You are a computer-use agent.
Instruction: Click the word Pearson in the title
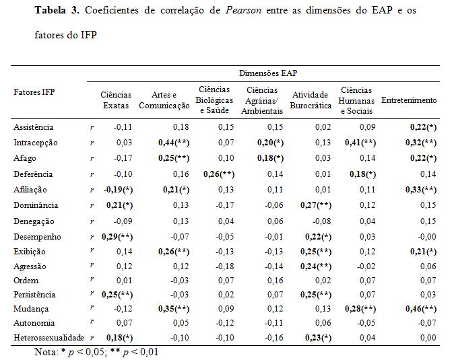(243, 11)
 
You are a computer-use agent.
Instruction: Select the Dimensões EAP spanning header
(268, 73)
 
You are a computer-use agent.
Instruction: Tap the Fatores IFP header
(34, 92)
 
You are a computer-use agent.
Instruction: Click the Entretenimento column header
(409, 100)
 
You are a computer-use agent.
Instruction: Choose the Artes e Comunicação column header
(164, 100)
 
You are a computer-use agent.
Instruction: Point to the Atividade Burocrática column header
(311, 100)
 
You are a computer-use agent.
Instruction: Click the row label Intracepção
(35, 143)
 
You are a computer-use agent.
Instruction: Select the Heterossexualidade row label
(48, 337)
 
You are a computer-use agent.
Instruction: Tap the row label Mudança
(31, 309)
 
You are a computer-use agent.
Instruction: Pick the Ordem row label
(26, 281)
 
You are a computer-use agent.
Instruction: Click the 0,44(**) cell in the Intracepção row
(174, 143)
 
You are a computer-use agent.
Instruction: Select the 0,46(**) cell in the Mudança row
(421, 309)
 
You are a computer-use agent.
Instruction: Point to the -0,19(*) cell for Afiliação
(118, 190)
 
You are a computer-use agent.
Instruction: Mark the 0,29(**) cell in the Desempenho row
(117, 237)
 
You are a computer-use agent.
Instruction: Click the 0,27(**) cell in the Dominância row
(316, 205)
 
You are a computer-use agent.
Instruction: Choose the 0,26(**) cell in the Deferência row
(219, 174)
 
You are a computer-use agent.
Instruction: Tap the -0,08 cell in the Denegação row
(322, 221)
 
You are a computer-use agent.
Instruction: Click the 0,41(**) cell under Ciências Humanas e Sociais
(360, 143)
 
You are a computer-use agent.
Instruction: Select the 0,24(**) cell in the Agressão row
(316, 266)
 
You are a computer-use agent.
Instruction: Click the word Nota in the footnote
(46, 352)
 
